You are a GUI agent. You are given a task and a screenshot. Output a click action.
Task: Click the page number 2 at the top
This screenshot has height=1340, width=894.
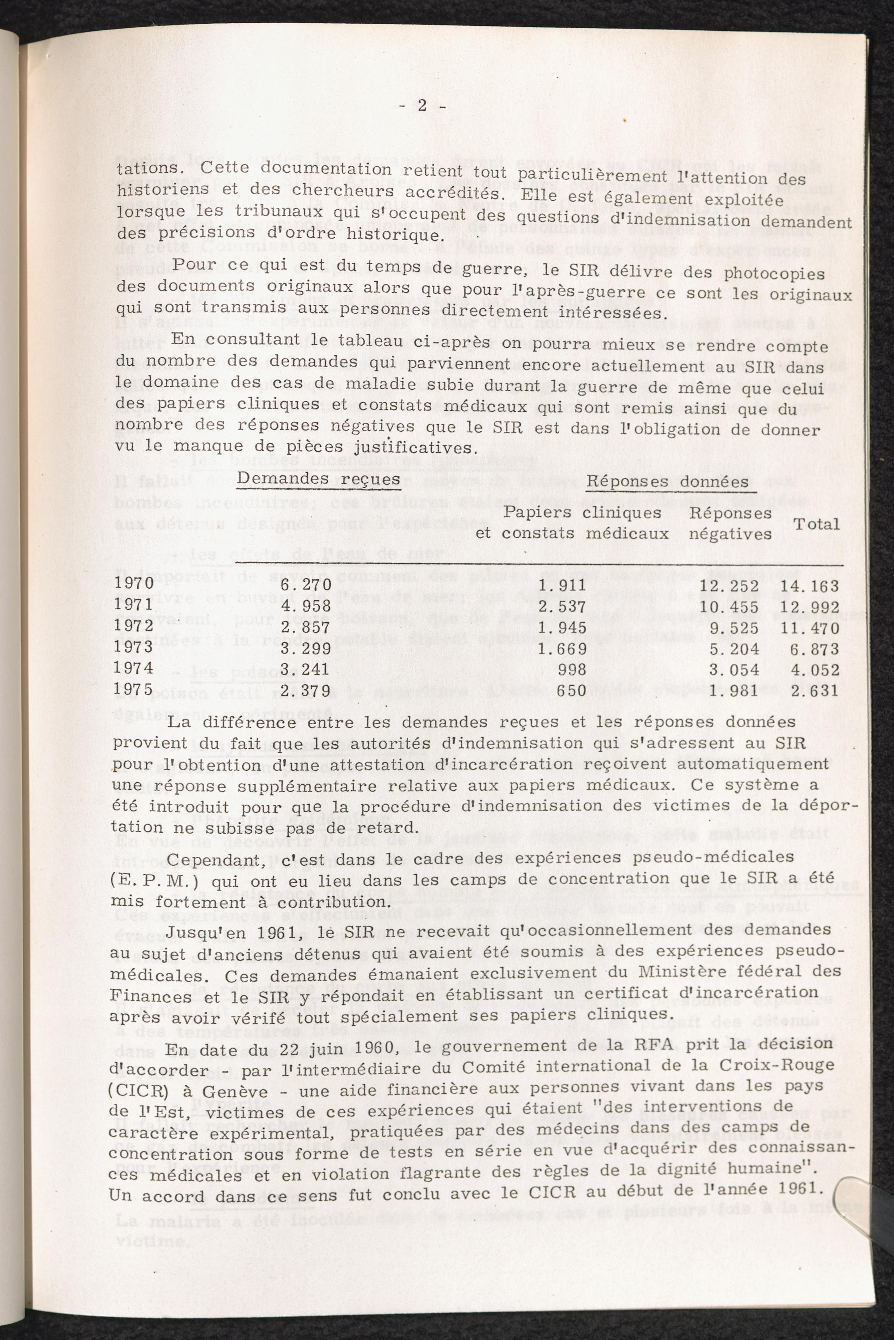click(x=422, y=106)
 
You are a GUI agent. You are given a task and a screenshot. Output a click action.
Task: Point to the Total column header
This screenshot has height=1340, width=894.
click(x=817, y=524)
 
